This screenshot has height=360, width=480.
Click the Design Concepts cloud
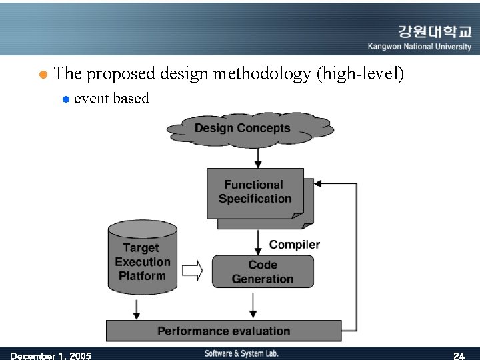tap(249, 128)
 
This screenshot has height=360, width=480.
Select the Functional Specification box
tap(255, 192)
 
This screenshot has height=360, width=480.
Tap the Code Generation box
tap(263, 271)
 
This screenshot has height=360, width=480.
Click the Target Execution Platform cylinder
tap(142, 261)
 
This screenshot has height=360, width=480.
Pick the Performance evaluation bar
tap(223, 331)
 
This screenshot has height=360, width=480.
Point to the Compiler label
tap(294, 245)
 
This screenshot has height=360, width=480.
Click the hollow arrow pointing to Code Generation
tap(192, 271)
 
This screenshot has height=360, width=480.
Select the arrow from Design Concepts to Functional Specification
tap(258, 157)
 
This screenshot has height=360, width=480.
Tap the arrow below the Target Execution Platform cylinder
tap(137, 307)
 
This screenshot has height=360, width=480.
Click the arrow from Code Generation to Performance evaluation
tap(253, 304)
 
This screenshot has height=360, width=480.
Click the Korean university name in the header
tap(434, 32)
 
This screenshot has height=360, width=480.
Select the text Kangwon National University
tap(419, 47)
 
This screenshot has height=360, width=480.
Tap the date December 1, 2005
tap(51, 356)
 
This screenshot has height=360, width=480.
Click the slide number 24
tap(459, 356)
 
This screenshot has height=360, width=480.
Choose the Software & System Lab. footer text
tap(241, 353)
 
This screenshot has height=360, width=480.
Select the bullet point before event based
tap(65, 99)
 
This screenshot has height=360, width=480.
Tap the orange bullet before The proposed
tap(41, 74)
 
